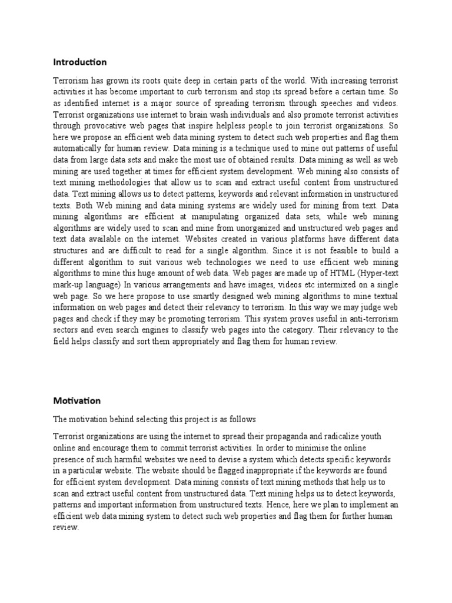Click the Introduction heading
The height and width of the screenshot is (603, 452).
point(80,62)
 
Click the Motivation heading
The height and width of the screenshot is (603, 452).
point(77,401)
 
